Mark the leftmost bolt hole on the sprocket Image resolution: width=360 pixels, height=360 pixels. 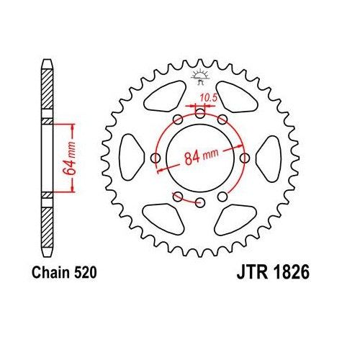[154, 158]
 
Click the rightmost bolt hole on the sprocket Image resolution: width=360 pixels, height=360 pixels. [245, 158]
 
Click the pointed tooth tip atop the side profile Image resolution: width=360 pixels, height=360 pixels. [48, 59]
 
